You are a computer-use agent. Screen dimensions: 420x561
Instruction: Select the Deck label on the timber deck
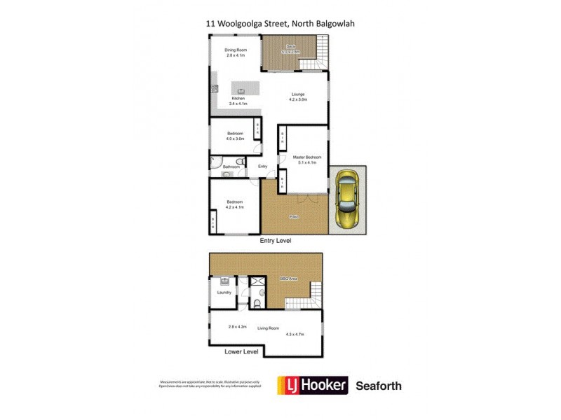(290, 47)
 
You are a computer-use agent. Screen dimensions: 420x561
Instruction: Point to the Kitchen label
(238, 99)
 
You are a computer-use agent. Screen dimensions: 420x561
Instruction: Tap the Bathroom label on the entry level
(231, 167)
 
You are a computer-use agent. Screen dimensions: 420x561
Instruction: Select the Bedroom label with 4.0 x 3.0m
(235, 134)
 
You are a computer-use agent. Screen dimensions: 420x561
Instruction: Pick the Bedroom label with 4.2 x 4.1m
(235, 202)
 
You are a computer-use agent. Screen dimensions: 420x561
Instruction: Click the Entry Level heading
(276, 241)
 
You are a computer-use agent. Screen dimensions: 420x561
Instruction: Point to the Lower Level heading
(241, 351)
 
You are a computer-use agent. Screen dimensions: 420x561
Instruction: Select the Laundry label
(224, 293)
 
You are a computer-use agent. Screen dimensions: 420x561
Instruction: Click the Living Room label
(269, 328)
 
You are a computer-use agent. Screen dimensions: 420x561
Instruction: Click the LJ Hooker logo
(313, 386)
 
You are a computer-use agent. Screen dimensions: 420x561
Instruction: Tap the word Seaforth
(379, 386)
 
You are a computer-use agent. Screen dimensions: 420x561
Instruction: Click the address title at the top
(285, 23)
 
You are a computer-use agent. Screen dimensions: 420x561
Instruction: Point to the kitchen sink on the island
(241, 90)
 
